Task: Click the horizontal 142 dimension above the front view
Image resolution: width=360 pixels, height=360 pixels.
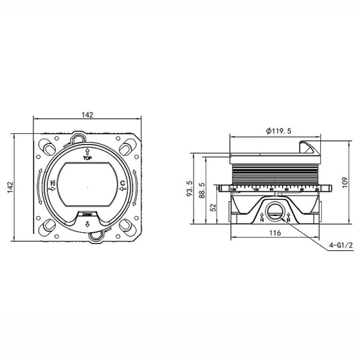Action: [89, 115]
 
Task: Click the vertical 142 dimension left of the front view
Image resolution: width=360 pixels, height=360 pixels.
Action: [10, 187]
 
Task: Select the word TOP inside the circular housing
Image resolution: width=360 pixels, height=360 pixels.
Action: [88, 159]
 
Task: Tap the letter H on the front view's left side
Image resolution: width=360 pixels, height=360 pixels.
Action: [53, 184]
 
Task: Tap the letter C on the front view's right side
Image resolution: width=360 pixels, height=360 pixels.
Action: [122, 184]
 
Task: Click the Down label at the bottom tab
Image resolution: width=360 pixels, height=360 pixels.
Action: [88, 214]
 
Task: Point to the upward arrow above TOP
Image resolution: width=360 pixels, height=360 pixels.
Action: [88, 151]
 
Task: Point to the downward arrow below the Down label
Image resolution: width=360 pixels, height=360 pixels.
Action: [88, 224]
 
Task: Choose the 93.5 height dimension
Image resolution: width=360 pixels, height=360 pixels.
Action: [190, 188]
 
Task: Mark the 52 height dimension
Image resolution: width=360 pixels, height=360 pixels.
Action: [214, 206]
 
